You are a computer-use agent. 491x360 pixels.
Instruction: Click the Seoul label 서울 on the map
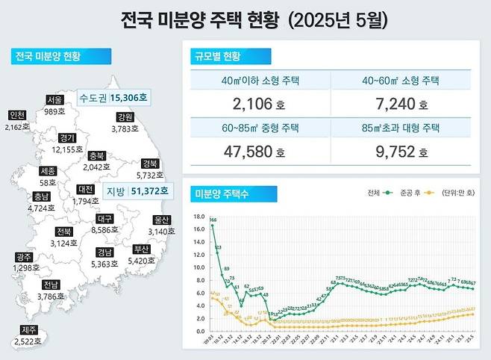click(54, 100)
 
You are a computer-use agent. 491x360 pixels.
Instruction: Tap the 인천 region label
click(16, 116)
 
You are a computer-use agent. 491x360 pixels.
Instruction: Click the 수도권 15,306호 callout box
click(113, 98)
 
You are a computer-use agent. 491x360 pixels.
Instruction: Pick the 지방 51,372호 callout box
click(137, 191)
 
